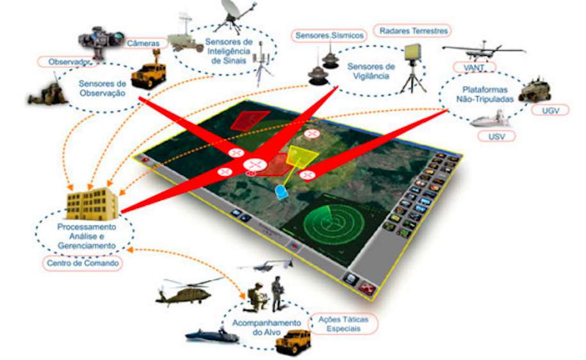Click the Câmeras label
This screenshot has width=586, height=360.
point(143,44)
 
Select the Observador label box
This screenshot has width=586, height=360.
point(69,61)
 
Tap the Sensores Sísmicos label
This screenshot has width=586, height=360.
point(329,35)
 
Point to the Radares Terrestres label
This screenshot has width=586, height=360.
point(413,31)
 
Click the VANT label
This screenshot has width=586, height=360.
point(475,68)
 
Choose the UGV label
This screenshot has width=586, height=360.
point(550,110)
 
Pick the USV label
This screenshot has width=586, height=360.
point(496,136)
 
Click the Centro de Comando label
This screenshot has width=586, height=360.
point(83,263)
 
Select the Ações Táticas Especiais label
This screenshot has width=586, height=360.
point(343,323)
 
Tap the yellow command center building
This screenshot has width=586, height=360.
point(92,204)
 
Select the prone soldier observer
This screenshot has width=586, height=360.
point(48,93)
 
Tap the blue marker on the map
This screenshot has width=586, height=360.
point(281,192)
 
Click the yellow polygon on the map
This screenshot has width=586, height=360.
point(302,156)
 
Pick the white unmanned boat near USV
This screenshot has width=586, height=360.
point(489,119)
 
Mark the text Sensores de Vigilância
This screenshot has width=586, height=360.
point(371,71)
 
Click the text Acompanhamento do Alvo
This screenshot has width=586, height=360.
point(266,327)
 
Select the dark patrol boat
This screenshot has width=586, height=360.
point(212,335)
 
